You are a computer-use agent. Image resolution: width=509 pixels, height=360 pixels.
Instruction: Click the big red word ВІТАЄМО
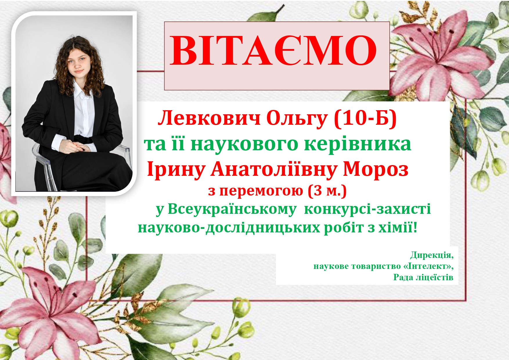click(273, 50)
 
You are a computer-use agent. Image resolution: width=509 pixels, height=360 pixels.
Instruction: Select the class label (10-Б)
click(365, 119)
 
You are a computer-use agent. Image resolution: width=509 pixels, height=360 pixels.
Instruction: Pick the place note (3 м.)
click(327, 191)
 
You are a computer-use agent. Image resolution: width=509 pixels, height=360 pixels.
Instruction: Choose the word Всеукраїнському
click(232, 209)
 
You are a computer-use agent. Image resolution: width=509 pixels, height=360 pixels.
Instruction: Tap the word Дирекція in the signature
click(432, 255)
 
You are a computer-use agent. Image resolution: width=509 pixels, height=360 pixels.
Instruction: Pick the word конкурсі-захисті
click(367, 209)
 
